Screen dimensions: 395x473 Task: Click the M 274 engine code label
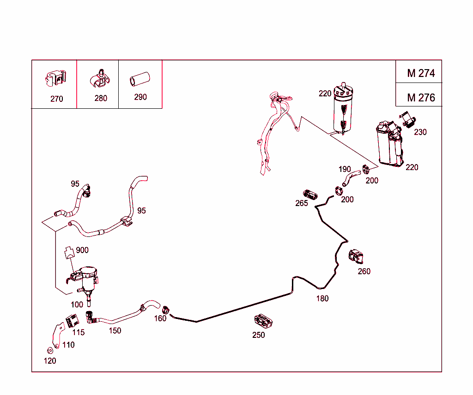(420, 73)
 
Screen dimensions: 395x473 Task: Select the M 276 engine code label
(420, 97)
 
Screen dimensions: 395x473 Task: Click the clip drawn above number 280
(100, 78)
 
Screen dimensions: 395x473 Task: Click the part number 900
(82, 250)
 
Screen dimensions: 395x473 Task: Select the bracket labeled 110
(58, 334)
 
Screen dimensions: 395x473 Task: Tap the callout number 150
(115, 330)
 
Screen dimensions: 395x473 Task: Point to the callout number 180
(322, 298)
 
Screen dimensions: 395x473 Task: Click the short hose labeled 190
(350, 177)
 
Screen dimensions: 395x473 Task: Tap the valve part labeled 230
(407, 120)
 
